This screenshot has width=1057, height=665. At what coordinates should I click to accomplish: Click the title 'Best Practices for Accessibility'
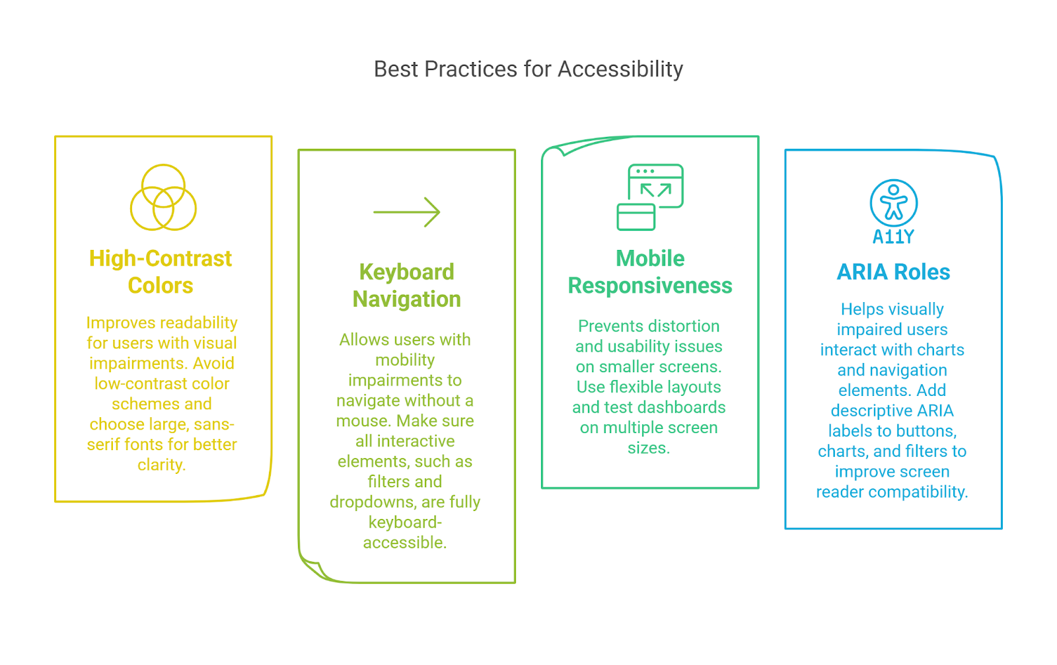point(528,69)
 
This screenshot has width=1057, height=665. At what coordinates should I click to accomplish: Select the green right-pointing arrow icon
point(406,212)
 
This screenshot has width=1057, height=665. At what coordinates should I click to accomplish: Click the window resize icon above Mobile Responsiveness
point(650,197)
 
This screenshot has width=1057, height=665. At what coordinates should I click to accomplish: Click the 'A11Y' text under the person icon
point(893,236)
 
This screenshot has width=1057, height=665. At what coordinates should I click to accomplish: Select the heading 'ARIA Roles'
point(893,272)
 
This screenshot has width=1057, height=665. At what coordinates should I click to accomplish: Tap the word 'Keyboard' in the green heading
point(406,272)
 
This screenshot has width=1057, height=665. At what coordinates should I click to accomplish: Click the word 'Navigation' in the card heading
point(406,299)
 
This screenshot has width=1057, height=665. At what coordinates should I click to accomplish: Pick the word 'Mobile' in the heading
point(650,259)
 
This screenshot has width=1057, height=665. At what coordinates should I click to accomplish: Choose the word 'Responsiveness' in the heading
point(650,286)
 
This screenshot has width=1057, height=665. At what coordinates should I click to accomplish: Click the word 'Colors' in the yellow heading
point(161,286)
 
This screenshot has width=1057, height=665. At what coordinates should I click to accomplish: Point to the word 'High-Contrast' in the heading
point(161,259)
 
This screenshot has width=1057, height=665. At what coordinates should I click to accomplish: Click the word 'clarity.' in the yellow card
point(161,465)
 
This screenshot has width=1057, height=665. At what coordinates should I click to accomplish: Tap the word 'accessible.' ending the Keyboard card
point(405,543)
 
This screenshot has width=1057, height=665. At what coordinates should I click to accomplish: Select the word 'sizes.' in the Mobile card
point(649,448)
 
